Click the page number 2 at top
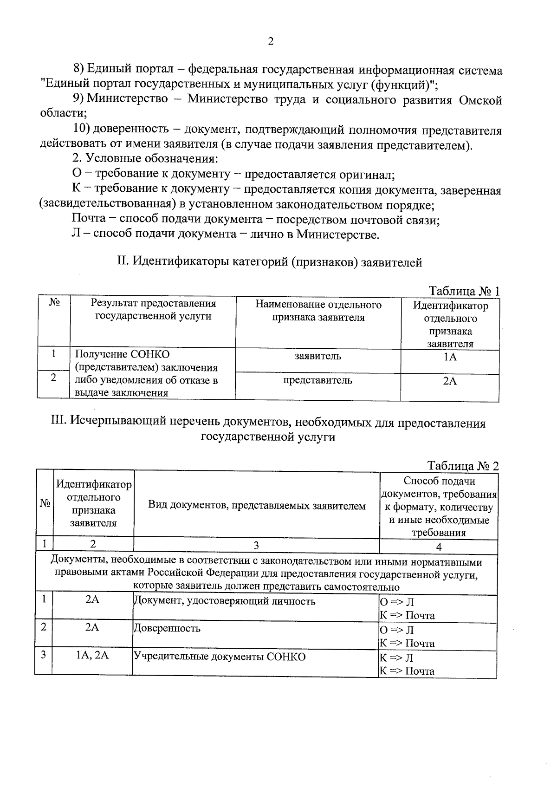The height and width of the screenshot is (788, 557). click(x=271, y=41)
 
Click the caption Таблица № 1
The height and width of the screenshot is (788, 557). click(x=464, y=291)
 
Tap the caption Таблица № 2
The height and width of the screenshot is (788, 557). click(x=463, y=466)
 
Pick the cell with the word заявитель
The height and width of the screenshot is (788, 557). click(x=317, y=356)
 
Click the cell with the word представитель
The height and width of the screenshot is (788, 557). click(x=317, y=380)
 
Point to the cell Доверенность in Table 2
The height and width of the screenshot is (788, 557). click(x=167, y=628)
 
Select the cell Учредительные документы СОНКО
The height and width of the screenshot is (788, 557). click(x=220, y=657)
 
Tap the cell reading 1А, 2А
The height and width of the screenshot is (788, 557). click(x=92, y=656)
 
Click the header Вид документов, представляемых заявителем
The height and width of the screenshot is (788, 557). click(x=257, y=506)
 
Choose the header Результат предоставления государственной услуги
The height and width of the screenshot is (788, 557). click(x=153, y=310)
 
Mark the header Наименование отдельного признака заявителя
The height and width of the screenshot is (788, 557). click(x=318, y=311)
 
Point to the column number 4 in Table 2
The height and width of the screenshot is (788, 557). click(x=438, y=547)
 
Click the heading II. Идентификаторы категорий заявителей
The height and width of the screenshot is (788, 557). click(x=270, y=262)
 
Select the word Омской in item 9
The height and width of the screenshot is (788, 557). click(x=480, y=100)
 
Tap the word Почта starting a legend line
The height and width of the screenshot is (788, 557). click(x=89, y=219)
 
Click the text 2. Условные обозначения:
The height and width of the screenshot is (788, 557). click(x=145, y=159)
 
